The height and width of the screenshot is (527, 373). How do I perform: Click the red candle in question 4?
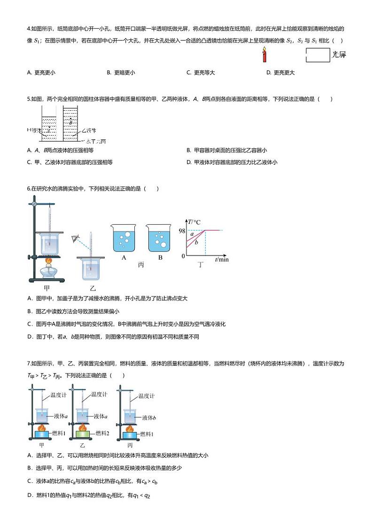[264, 57]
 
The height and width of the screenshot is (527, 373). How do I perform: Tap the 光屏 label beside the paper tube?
[339, 55]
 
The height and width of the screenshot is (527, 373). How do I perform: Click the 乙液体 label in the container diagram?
[89, 130]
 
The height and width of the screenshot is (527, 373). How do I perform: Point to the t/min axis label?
[222, 260]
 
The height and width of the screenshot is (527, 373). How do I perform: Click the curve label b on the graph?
[196, 242]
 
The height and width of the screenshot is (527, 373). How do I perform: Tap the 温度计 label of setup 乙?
[100, 394]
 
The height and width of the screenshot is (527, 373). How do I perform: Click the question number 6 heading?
[28, 189]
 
